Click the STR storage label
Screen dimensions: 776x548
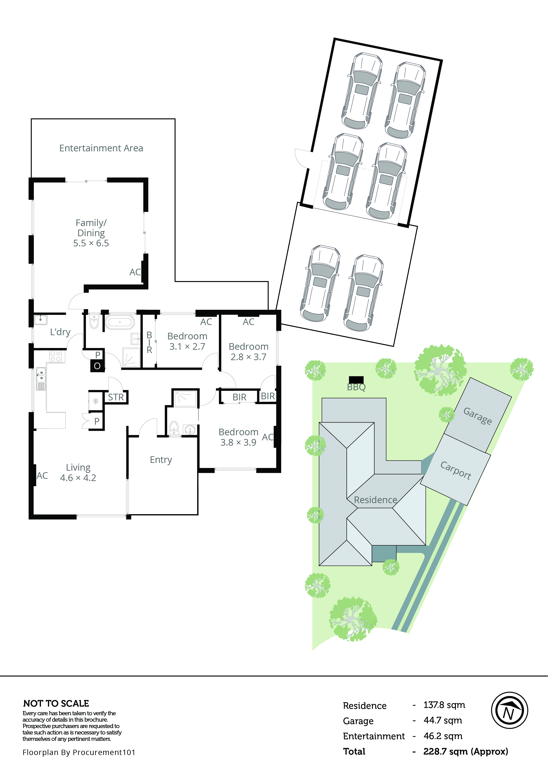pos(116,397)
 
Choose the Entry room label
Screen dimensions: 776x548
pos(161,460)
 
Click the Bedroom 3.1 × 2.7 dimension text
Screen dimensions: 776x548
pos(187,347)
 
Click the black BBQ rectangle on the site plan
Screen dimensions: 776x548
pos(356,380)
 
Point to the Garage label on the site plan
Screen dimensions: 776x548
pos(477,415)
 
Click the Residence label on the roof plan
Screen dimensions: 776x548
pos(375,500)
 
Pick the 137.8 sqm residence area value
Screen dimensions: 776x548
pos(444,705)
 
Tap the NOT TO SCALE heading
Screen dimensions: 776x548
pos(56,703)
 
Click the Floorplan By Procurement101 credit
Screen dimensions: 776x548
pos(79,752)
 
